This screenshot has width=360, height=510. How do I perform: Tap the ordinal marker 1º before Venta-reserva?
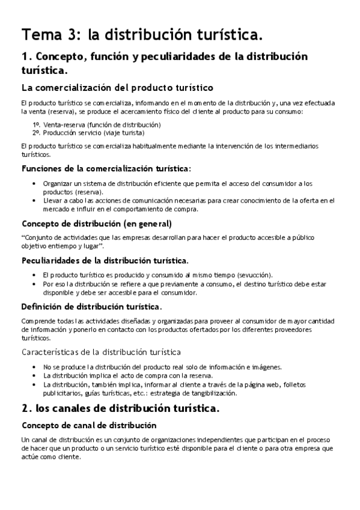37,124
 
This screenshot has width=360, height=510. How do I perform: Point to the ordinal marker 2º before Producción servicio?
37,132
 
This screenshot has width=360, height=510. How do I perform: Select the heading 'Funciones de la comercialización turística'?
105,168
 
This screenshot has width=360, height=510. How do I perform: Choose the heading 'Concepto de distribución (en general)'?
97,224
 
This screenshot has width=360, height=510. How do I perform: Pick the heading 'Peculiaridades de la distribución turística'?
105,260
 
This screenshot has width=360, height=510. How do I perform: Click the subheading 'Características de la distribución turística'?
101,352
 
